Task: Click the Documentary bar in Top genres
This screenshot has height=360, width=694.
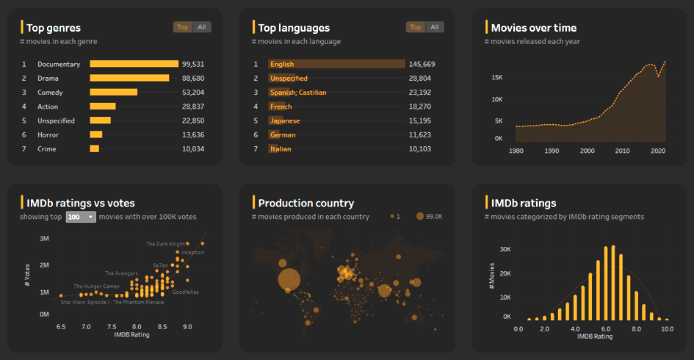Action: [134, 64]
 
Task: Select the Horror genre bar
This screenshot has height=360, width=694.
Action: [96, 134]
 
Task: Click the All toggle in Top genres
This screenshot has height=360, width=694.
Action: [202, 27]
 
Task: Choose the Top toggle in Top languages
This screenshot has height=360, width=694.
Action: [416, 27]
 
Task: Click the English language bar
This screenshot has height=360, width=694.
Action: [336, 64]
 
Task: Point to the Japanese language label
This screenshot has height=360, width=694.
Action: [285, 120]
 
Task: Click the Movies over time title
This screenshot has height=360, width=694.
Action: [533, 28]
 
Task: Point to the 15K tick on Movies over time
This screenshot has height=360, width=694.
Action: [497, 77]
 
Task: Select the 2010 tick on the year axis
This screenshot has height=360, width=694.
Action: [622, 151]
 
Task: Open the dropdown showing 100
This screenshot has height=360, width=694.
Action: [81, 217]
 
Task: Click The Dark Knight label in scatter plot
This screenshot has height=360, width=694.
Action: [165, 244]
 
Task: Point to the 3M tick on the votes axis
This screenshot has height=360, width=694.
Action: [44, 239]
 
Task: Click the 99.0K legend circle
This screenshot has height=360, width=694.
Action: [420, 216]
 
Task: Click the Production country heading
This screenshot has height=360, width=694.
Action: [306, 203]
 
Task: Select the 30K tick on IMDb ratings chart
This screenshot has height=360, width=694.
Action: [505, 249]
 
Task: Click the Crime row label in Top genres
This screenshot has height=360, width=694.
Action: [48, 148]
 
